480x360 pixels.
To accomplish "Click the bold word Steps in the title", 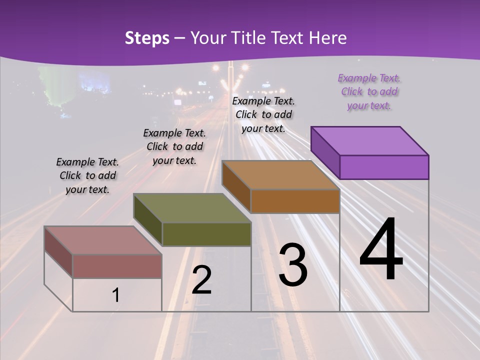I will [x=147, y=38].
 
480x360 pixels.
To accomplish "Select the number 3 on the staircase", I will [x=293, y=264].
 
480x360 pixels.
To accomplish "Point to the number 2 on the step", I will [x=201, y=280].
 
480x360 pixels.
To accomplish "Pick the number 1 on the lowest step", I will [x=116, y=295].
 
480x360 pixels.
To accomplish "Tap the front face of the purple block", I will [x=384, y=167].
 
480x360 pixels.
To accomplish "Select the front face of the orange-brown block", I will [x=295, y=201].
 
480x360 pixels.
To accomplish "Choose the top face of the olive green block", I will [x=192, y=208].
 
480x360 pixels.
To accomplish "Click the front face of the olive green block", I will [x=206, y=234].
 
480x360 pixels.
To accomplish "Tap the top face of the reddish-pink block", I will [x=103, y=240].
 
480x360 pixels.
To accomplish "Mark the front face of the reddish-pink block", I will [x=117, y=266].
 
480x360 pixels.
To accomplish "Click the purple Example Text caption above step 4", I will [x=369, y=92].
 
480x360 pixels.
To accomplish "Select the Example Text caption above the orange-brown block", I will [x=263, y=114].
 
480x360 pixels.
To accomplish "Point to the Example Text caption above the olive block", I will [x=174, y=146].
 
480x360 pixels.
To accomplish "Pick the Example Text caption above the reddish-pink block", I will [x=87, y=175].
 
